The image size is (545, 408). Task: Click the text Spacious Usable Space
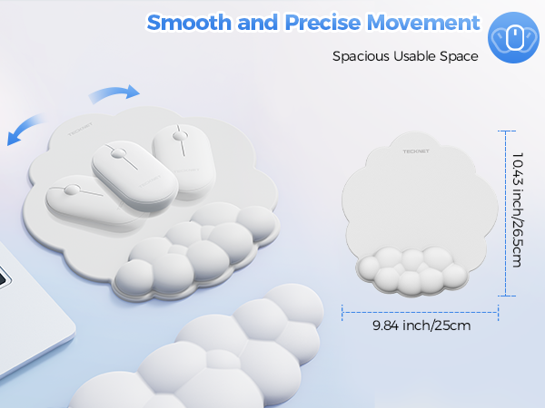coord(405,56)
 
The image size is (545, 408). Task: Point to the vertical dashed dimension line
coord(503,213)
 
